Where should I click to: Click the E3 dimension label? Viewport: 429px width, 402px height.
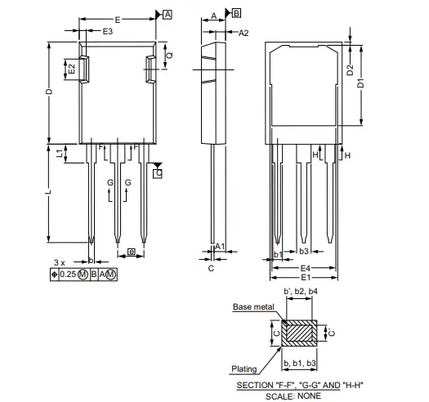click(x=108, y=31)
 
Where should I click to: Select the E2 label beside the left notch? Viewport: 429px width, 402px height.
click(x=72, y=69)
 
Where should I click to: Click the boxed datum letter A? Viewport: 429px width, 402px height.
click(x=168, y=15)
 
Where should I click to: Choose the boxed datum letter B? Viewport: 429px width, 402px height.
click(x=236, y=14)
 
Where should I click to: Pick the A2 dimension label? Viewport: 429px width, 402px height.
click(x=244, y=33)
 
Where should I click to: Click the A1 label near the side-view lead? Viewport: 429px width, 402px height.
click(x=219, y=246)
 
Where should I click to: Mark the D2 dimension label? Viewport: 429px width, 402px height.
click(x=351, y=69)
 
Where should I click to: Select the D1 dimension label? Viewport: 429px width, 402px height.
click(x=360, y=83)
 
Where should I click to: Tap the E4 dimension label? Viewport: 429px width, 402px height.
click(x=305, y=268)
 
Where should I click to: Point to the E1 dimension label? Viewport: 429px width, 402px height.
click(x=305, y=278)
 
